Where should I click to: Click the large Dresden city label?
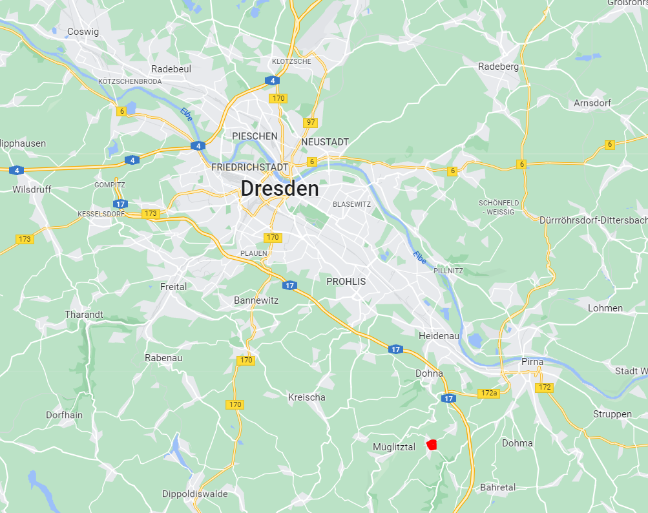coord(280,189)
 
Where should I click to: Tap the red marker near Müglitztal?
coord(432,444)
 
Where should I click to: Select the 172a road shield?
coord(489,393)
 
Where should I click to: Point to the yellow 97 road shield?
coord(311,122)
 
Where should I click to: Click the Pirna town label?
coord(532,362)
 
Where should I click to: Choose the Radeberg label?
coord(498,67)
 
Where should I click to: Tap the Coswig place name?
coord(83,32)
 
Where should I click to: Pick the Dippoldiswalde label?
coord(194,494)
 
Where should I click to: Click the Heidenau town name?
coord(439,337)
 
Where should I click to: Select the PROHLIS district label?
coord(346,282)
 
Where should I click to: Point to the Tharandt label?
coord(84,315)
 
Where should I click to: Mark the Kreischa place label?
coord(306,397)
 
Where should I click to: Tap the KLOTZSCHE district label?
coord(291,61)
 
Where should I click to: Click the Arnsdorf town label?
coord(592,103)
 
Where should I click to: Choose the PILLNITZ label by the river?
coord(448,271)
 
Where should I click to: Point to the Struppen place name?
coord(612,414)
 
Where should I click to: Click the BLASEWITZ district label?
coord(351,204)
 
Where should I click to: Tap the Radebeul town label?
coord(171,69)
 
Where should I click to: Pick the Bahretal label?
coord(497,488)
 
